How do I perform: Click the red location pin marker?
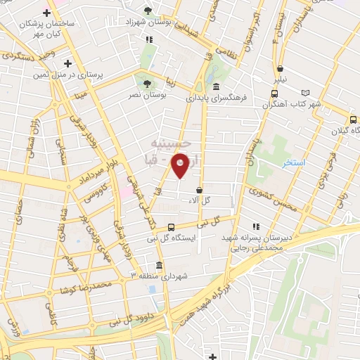click(181, 165)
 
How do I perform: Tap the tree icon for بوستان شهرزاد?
click(147, 11)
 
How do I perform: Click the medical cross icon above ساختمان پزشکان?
click(47, 13)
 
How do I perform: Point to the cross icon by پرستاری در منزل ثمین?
click(67, 63)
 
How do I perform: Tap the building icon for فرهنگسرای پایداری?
click(188, 99)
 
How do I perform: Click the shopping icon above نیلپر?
click(280, 69)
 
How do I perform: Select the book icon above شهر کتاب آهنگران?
click(304, 93)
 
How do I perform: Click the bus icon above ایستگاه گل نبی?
click(172, 226)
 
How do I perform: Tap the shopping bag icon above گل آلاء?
click(200, 190)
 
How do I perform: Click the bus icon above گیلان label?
click(353, 120)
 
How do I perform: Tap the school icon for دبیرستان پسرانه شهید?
click(256, 226)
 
